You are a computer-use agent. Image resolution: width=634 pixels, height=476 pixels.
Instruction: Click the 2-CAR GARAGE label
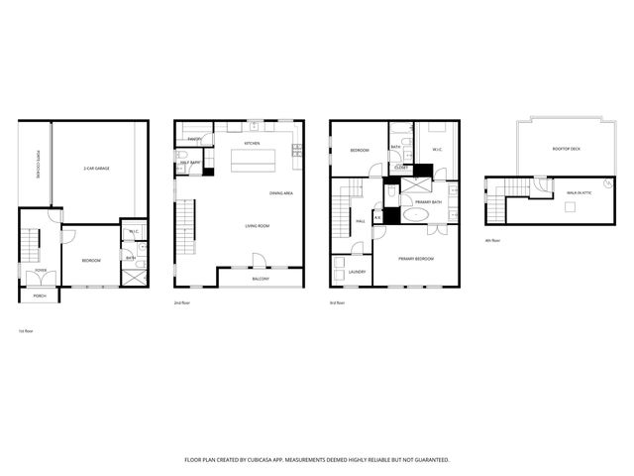(96, 169)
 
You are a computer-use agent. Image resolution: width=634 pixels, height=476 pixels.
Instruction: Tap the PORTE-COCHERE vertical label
(38, 165)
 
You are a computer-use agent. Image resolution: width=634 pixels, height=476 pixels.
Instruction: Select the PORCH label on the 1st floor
(40, 296)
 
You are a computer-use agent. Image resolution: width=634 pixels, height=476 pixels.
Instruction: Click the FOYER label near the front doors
(41, 270)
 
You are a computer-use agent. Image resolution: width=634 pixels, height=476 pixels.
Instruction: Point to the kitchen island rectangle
(254, 161)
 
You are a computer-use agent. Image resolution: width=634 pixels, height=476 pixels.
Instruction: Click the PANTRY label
(194, 140)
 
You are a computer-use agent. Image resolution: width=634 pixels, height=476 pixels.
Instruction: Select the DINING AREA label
(280, 192)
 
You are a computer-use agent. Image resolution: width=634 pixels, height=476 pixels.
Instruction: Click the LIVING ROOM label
(258, 226)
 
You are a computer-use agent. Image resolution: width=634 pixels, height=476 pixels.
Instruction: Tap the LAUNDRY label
(357, 271)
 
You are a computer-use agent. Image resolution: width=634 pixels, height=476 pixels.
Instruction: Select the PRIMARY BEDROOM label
(417, 259)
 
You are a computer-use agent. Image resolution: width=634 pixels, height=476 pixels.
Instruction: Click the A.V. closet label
(377, 217)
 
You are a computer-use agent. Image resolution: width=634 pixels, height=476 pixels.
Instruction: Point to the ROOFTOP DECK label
(566, 149)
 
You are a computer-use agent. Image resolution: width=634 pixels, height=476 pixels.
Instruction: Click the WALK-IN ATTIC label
(581, 193)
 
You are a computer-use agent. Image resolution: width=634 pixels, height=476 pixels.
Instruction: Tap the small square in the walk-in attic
(570, 207)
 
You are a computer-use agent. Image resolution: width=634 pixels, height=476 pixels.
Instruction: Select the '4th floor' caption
(492, 240)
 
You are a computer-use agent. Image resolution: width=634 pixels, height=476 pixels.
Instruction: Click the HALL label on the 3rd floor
(362, 221)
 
